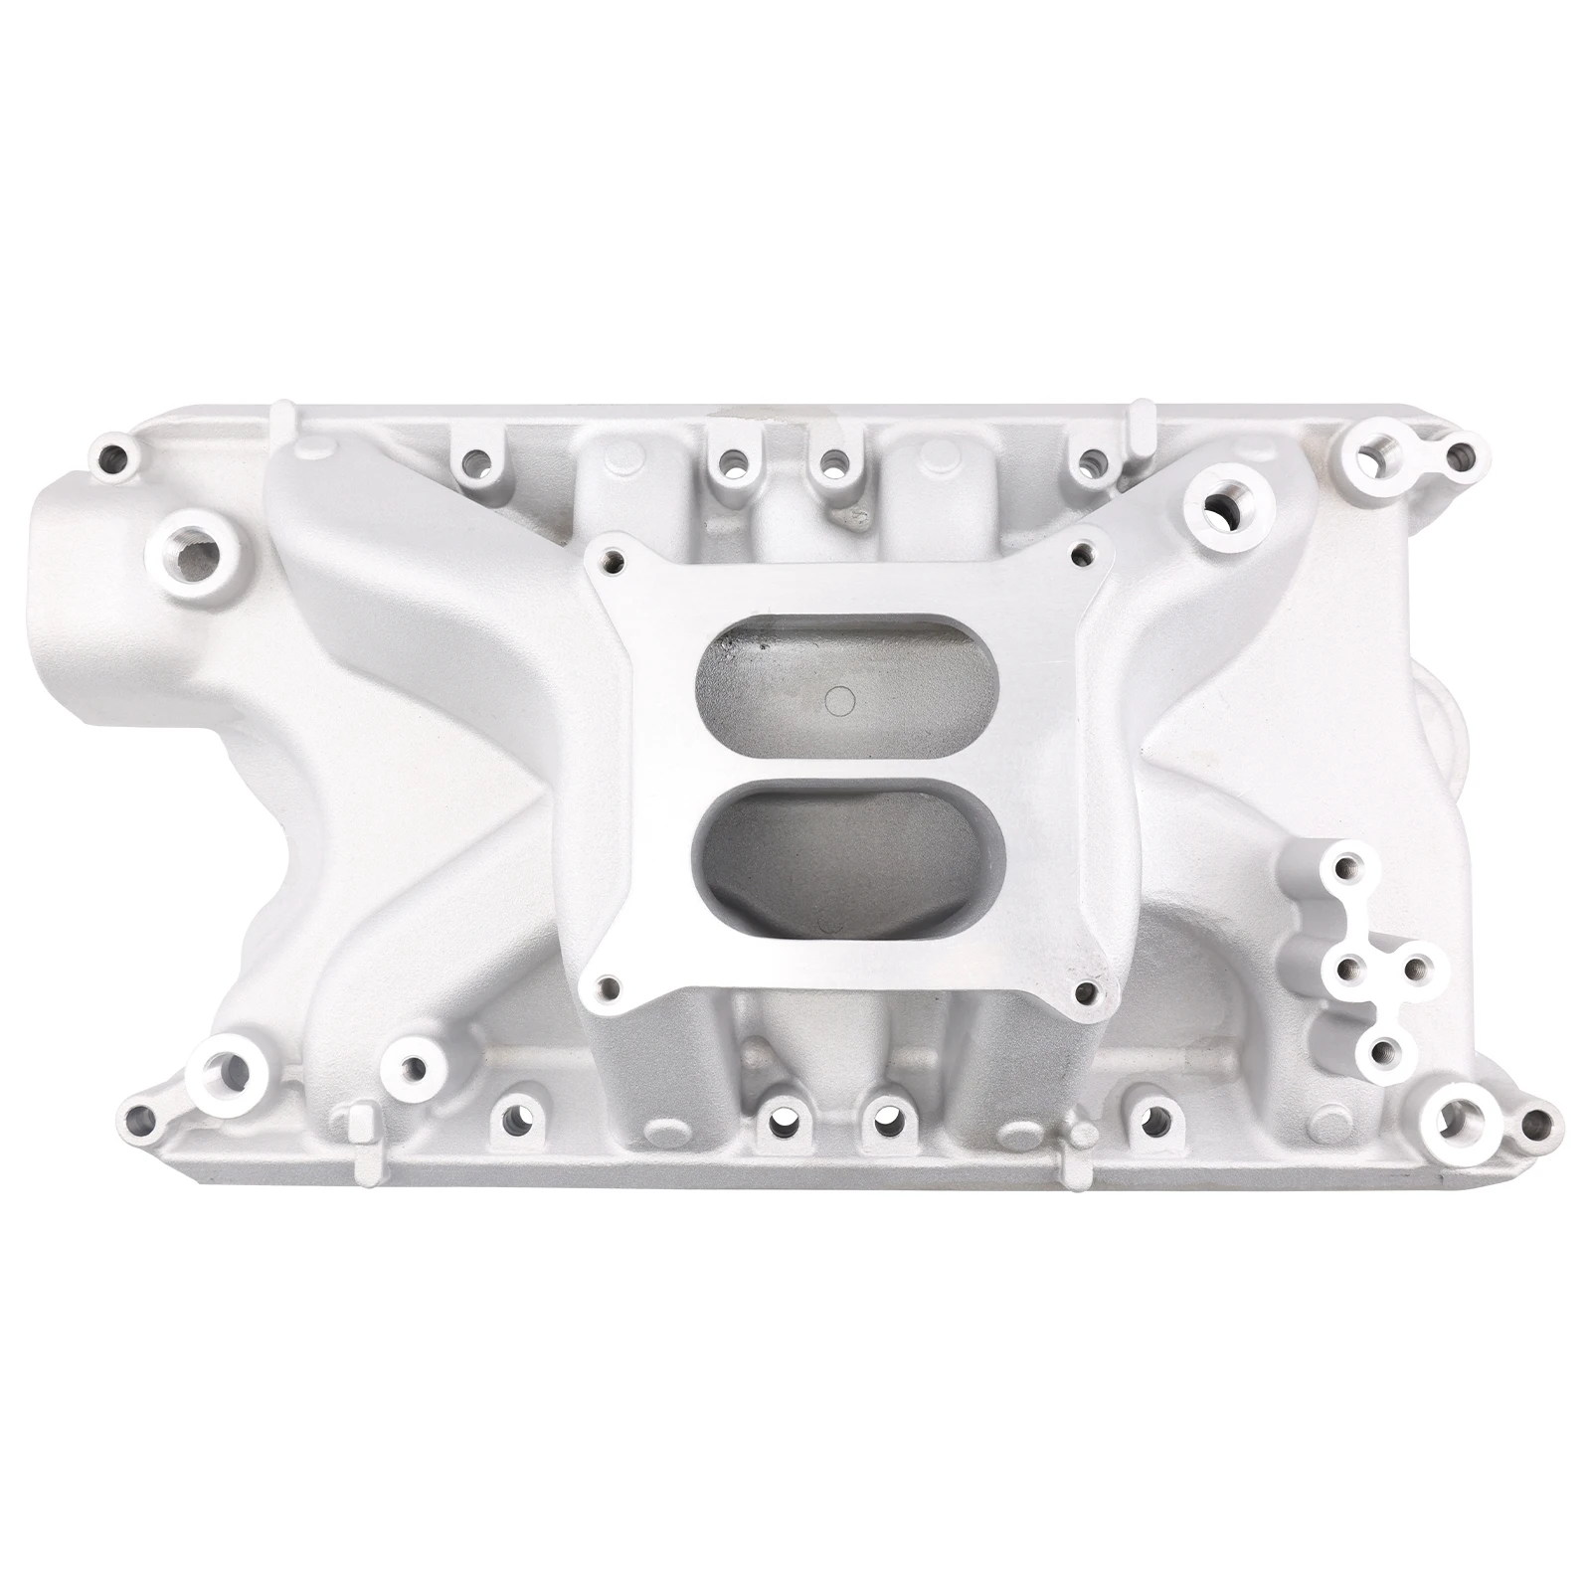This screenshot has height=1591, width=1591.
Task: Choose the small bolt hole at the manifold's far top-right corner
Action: click(1458, 456)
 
